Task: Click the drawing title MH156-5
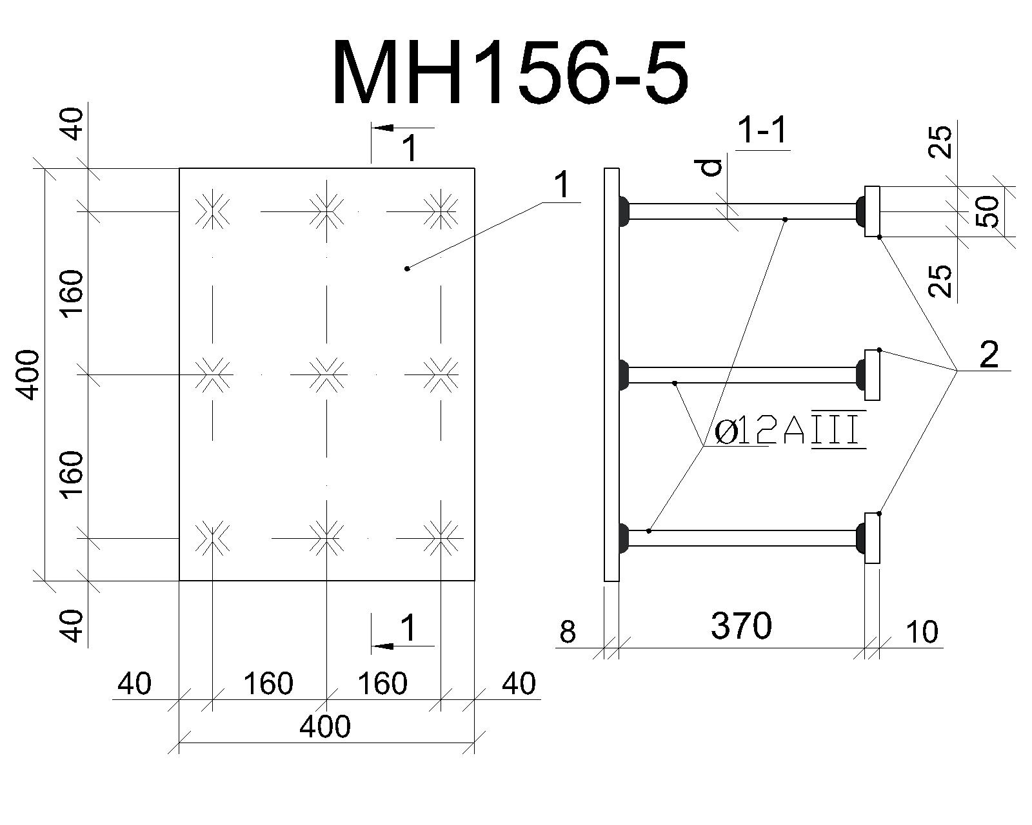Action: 510,72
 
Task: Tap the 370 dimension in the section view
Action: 741,626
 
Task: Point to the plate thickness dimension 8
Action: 568,632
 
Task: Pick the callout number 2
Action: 989,354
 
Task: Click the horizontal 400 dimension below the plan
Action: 325,726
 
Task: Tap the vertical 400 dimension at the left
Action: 30,374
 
